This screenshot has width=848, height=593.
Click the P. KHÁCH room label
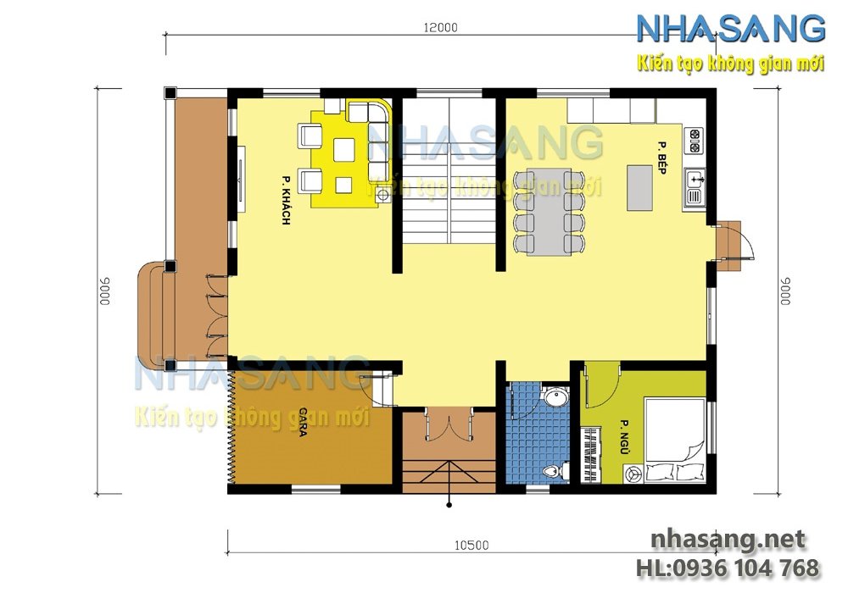(x=286, y=201)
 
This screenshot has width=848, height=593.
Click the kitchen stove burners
(x=694, y=140)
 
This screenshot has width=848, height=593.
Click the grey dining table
(x=548, y=212)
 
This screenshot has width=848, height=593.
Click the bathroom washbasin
(x=556, y=397)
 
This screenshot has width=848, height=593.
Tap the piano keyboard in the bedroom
(x=590, y=453)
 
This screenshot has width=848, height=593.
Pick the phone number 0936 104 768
(x=729, y=567)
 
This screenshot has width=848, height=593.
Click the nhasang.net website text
(x=727, y=540)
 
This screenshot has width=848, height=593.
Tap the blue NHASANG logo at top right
(x=730, y=29)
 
